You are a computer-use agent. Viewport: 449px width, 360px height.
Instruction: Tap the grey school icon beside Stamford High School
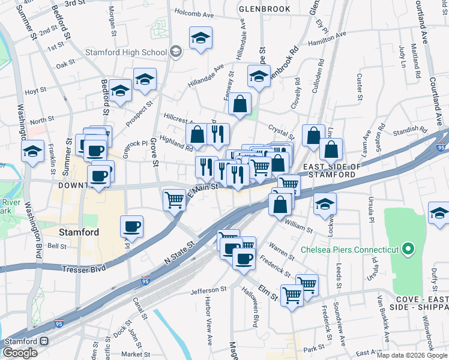[176, 52]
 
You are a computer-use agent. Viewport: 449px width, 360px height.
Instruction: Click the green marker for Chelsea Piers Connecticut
[408, 248]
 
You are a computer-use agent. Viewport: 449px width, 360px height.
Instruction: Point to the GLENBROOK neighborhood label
[264, 9]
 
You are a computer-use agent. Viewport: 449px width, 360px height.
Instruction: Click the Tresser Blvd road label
[83, 268]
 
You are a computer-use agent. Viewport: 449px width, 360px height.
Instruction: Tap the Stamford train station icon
[44, 340]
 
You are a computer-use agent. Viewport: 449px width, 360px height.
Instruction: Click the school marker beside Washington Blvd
[32, 151]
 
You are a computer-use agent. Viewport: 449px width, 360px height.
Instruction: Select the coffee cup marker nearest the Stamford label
[131, 227]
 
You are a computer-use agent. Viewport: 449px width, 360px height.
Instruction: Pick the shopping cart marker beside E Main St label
[174, 199]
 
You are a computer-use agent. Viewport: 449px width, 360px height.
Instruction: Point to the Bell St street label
[56, 246]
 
